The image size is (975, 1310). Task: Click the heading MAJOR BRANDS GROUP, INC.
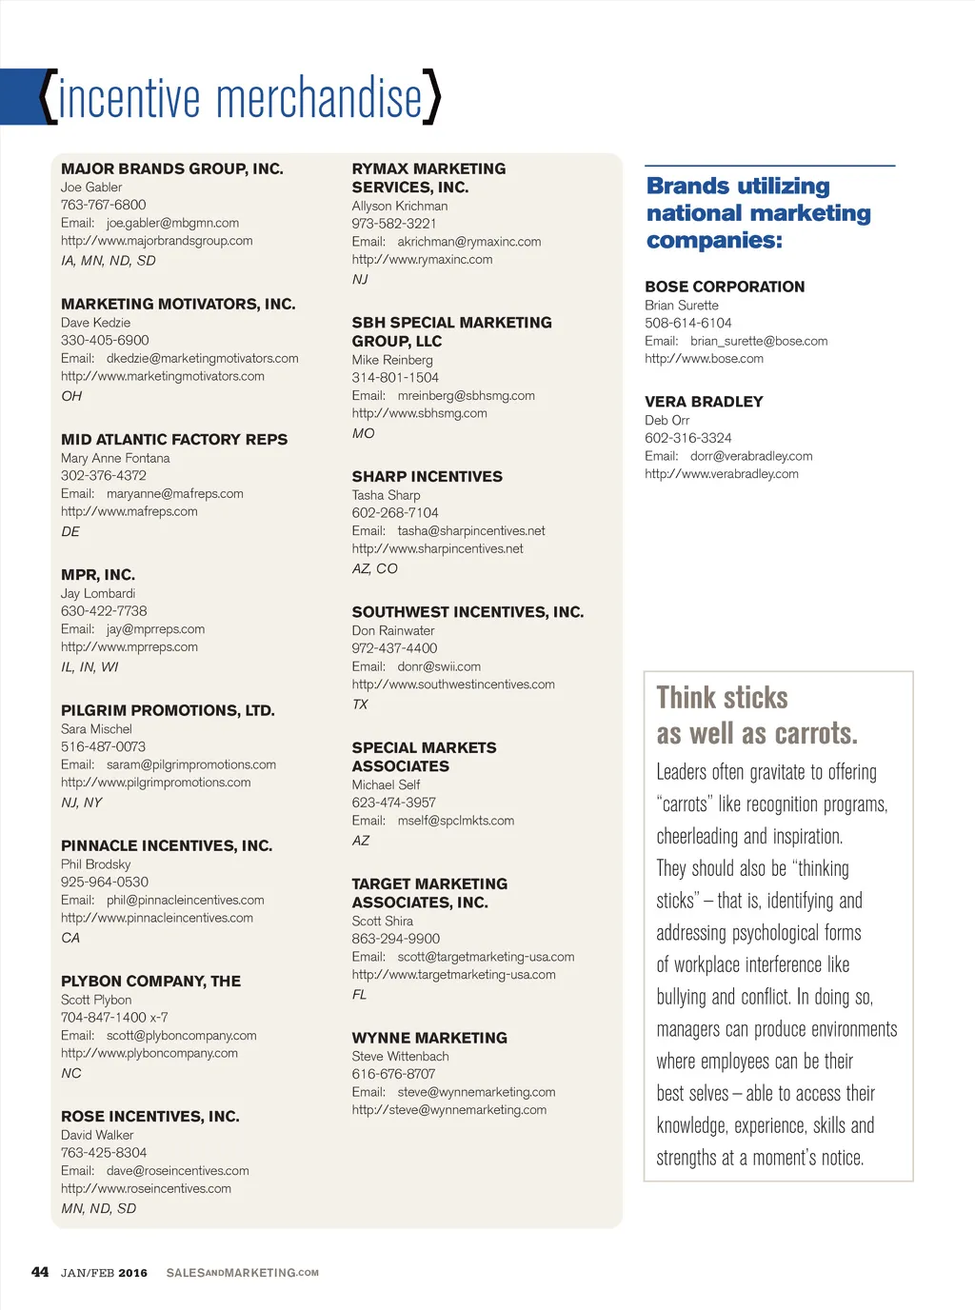[x=172, y=169]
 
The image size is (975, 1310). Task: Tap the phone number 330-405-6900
[x=105, y=340]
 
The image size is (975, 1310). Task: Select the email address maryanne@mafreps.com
[x=175, y=493]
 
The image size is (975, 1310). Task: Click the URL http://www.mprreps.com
[x=129, y=646]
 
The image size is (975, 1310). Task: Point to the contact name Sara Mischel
[x=96, y=728]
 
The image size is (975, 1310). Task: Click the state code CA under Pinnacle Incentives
[x=70, y=938]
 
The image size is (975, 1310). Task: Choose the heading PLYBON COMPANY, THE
[x=150, y=981]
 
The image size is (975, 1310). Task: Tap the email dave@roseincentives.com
[x=178, y=1170]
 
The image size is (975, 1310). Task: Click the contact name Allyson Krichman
[x=399, y=206]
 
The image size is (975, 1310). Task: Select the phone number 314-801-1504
[x=395, y=377]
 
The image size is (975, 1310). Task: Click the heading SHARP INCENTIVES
[x=427, y=476]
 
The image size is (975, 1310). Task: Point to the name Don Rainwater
[x=392, y=630]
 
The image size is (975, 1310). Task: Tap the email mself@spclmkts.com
[x=455, y=820]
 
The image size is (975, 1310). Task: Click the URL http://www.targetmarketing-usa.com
[x=453, y=974]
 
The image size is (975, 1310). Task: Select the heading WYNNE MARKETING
[x=429, y=1038]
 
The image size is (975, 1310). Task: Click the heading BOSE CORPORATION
[x=725, y=287]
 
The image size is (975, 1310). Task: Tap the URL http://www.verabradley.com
[x=722, y=473]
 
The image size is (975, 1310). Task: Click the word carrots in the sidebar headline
[x=814, y=733]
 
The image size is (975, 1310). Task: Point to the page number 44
[x=40, y=1272]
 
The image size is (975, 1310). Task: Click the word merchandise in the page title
[x=319, y=98]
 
